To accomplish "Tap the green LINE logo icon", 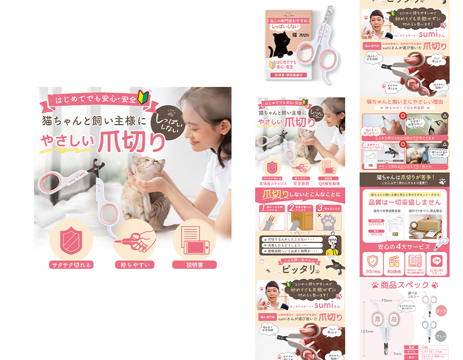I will pyautogui.click(x=437, y=260).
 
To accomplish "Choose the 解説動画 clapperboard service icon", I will pyautogui.click(x=394, y=263).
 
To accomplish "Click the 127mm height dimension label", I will pyautogui.click(x=366, y=331).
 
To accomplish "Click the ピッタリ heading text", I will pyautogui.click(x=299, y=269).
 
